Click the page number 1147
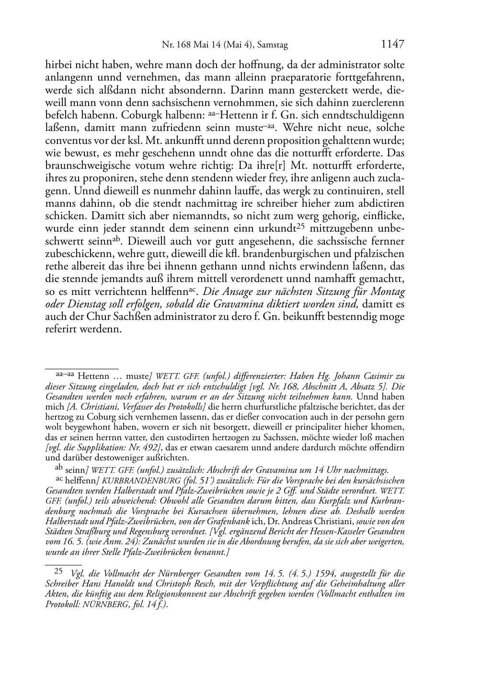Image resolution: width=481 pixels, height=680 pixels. click(393, 45)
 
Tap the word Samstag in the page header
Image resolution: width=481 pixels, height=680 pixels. click(273, 46)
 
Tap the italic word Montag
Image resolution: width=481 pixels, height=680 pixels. click(388, 292)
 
